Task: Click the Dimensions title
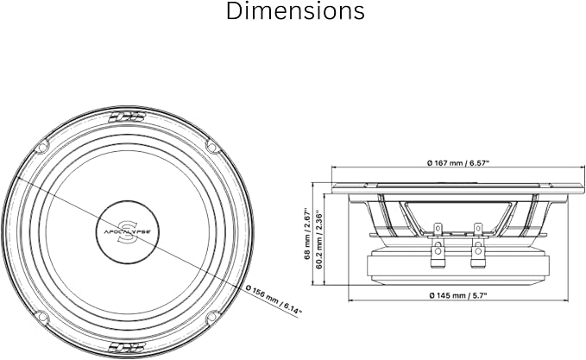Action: [295, 11]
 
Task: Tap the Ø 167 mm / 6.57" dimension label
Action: [458, 162]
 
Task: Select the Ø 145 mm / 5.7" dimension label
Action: [458, 295]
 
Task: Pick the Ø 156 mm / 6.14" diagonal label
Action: [274, 300]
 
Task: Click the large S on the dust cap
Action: [127, 231]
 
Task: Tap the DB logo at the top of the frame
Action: [127, 117]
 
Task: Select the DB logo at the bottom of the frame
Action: [127, 348]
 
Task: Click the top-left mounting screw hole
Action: [42, 147]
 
